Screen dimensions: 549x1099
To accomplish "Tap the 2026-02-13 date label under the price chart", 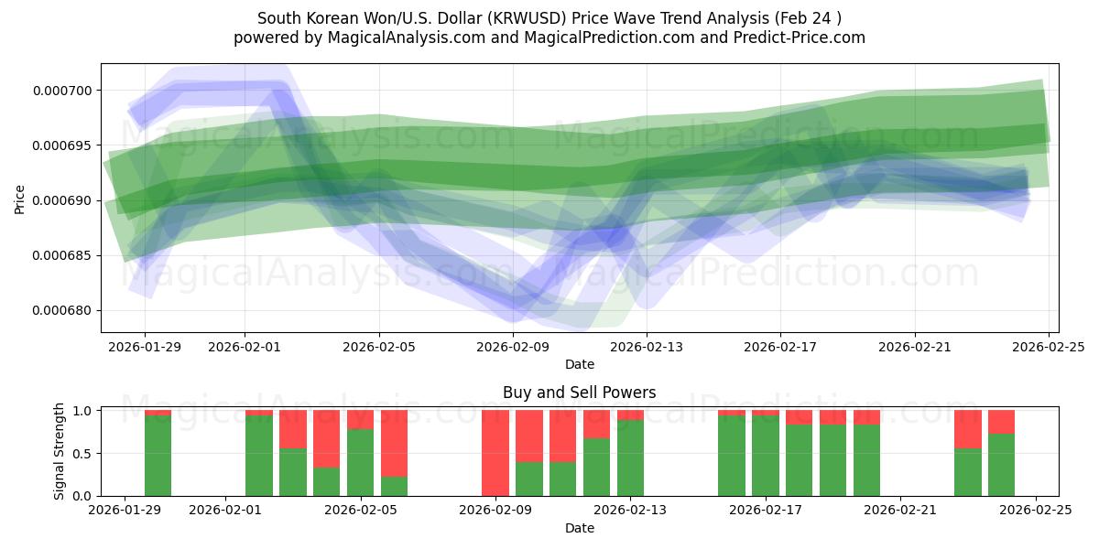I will (647, 347).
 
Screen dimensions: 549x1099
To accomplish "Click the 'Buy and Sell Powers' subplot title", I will (579, 393).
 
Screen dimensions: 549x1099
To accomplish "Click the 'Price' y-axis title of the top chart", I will (20, 199).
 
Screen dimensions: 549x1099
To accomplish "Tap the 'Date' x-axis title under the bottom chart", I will (579, 528).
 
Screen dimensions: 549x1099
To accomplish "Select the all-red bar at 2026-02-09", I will (495, 453).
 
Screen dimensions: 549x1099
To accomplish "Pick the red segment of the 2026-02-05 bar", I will (360, 419).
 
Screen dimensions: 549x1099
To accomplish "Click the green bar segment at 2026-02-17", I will (765, 456).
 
